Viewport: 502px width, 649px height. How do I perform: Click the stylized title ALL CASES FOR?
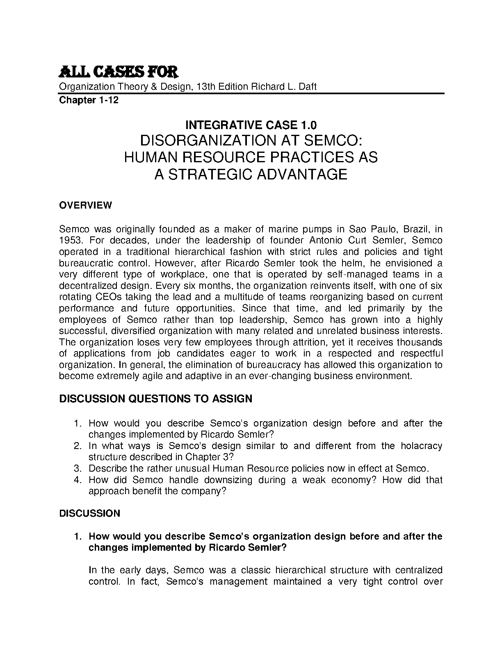pyautogui.click(x=119, y=73)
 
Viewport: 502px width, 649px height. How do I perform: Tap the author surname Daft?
pyautogui.click(x=308, y=87)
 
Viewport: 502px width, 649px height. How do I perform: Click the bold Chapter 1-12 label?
pyautogui.click(x=89, y=100)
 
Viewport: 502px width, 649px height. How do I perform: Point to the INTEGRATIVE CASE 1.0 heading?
pyautogui.click(x=251, y=125)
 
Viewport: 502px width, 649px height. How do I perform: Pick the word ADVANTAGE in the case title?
pyautogui.click(x=302, y=175)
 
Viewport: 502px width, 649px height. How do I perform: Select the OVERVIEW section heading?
pyautogui.click(x=85, y=205)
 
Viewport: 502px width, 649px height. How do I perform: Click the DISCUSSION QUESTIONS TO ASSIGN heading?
pyautogui.click(x=156, y=399)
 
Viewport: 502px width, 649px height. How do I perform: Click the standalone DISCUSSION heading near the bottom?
pyautogui.click(x=90, y=513)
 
